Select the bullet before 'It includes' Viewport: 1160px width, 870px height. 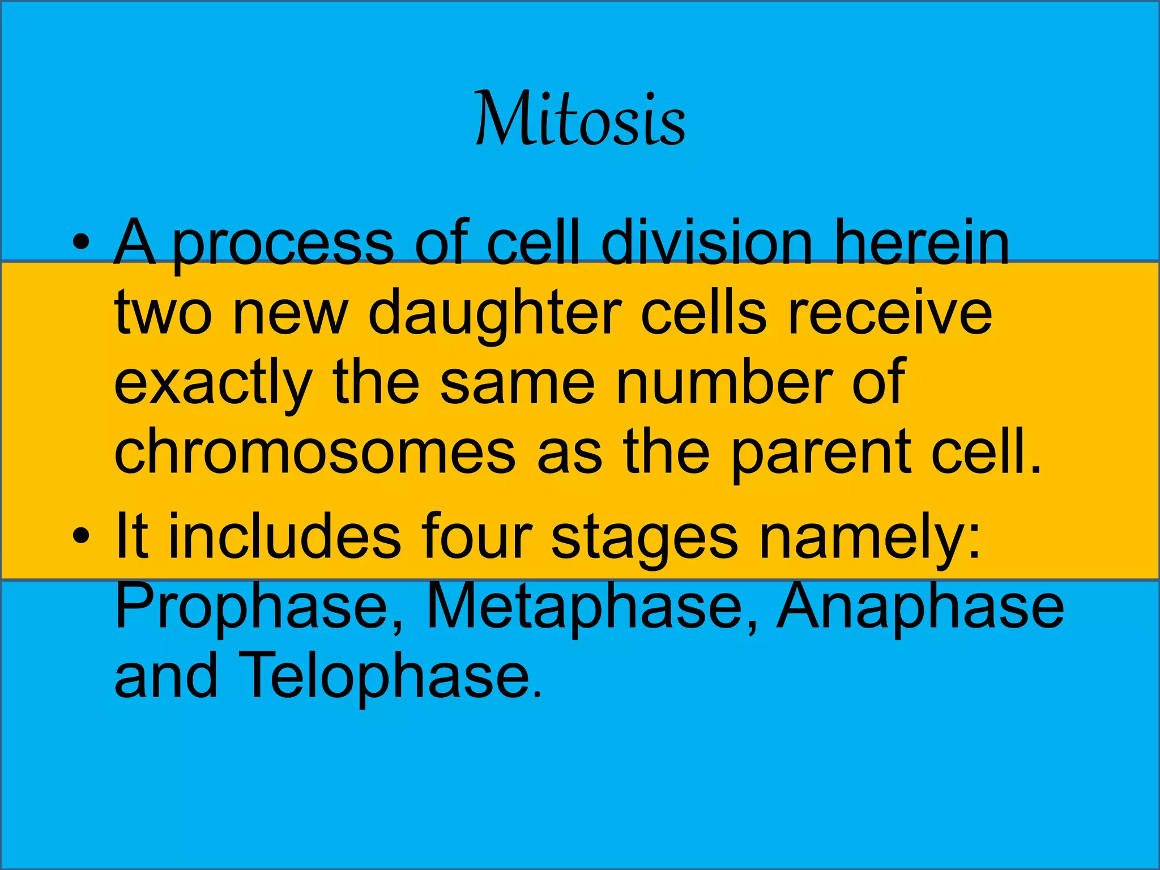coord(81,535)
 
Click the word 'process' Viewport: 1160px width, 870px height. coord(283,245)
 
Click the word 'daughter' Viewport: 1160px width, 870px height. coord(494,315)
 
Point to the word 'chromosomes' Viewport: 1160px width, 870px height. coord(314,451)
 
